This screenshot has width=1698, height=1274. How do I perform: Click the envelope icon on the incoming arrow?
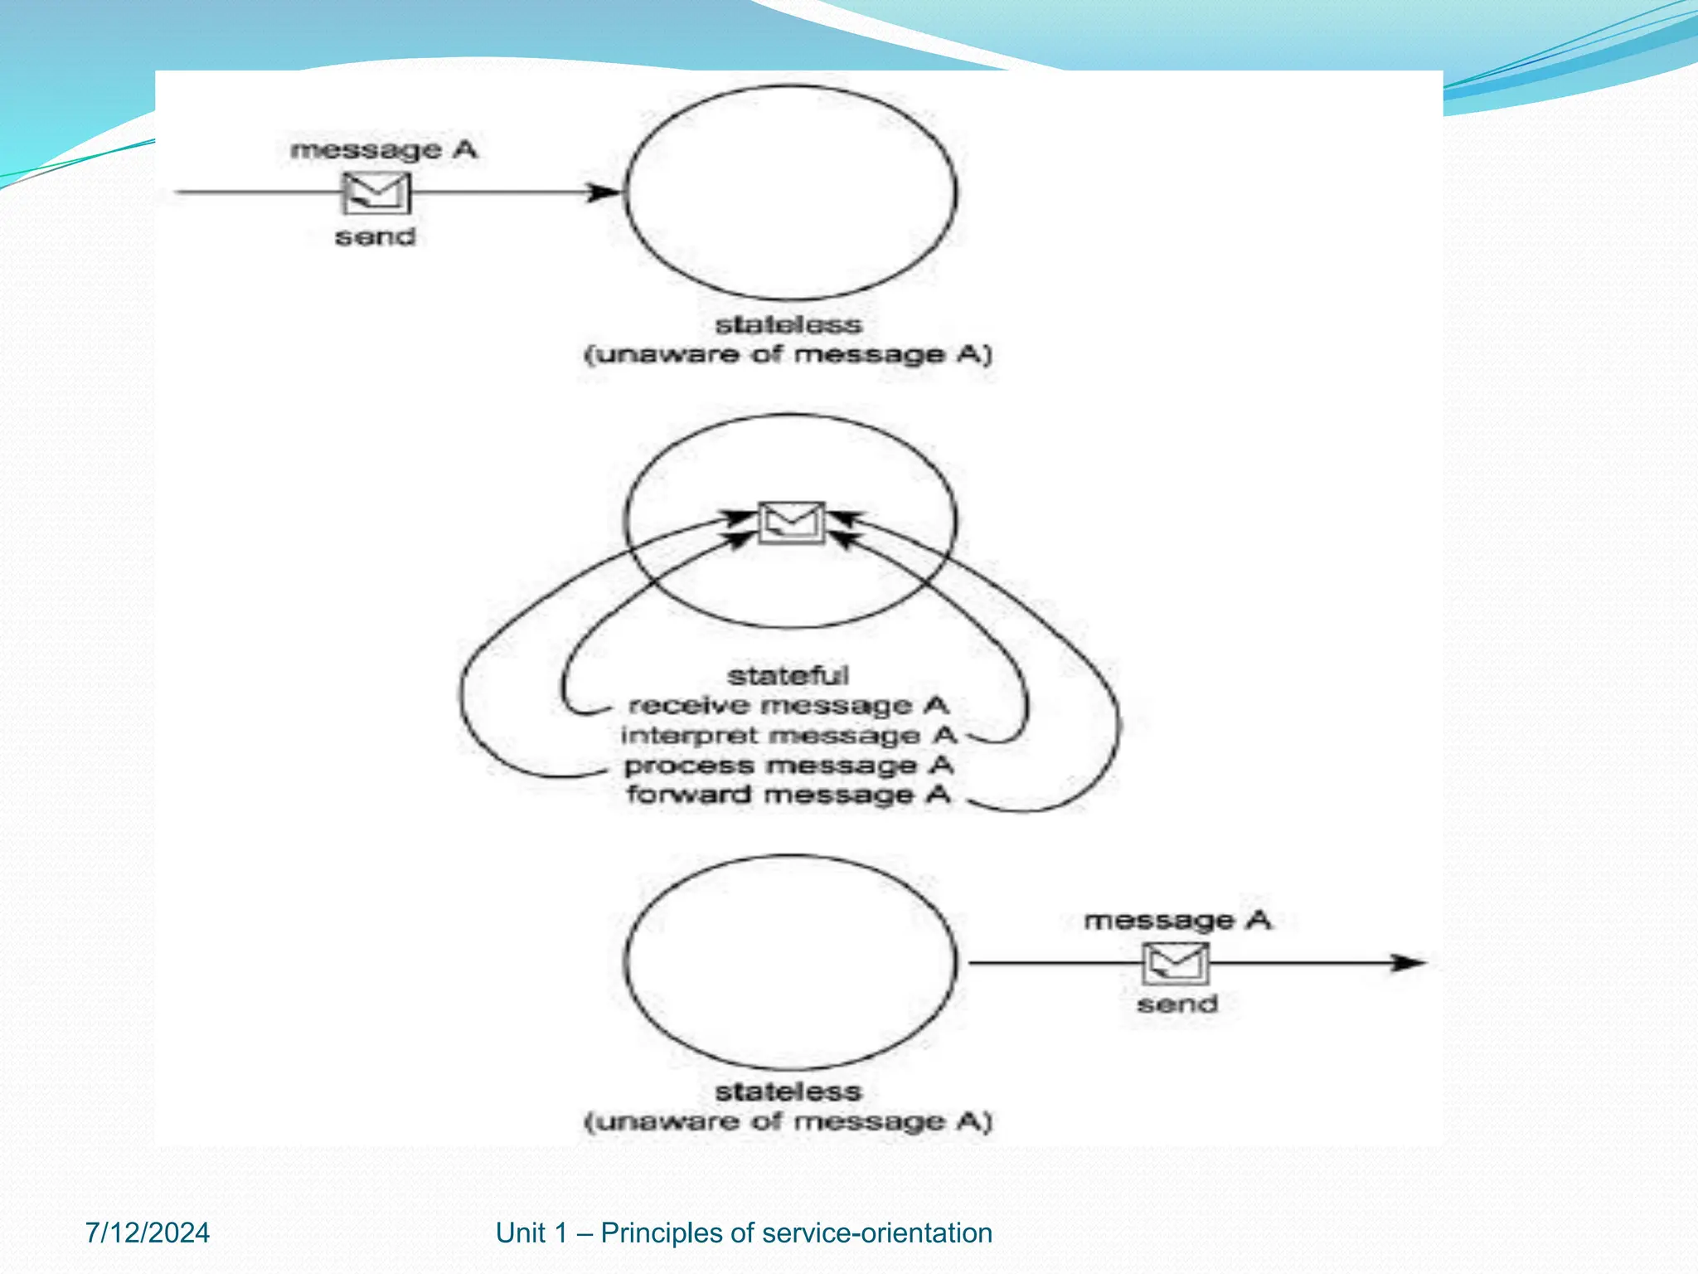coord(376,193)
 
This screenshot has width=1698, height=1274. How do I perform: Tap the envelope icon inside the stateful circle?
coord(792,523)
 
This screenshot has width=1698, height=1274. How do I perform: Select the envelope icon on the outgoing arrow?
coord(1176,963)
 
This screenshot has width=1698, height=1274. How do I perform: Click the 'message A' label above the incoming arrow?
coord(383,150)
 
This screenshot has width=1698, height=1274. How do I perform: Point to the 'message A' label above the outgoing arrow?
coord(1177,920)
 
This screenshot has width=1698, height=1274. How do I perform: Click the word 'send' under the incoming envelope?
coord(376,237)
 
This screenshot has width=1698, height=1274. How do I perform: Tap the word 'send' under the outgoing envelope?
coord(1177,1004)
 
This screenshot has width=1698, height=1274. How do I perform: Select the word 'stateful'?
coord(788,676)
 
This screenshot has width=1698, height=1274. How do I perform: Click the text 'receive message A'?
coord(788,706)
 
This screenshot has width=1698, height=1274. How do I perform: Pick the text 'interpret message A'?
coord(788,736)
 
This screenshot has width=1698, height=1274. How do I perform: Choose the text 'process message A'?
coord(788,766)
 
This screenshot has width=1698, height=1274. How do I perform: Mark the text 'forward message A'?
coord(788,795)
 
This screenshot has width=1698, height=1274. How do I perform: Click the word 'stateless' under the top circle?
coord(788,324)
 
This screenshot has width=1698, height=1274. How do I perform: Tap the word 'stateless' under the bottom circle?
coord(788,1092)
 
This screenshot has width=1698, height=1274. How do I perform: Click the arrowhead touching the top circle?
coord(604,193)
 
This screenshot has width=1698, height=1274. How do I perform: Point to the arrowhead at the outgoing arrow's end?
coord(1409,963)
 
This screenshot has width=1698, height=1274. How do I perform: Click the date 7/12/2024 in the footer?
coord(148,1233)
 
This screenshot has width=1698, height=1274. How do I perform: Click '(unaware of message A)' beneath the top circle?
coord(788,355)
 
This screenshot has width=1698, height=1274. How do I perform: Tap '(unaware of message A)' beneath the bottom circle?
coord(788,1122)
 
